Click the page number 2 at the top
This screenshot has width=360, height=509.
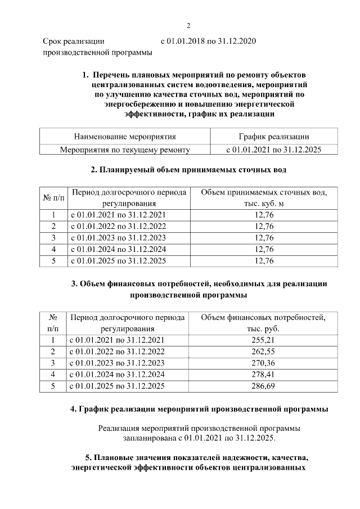pos(189,25)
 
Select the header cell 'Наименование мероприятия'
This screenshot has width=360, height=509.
pos(125,136)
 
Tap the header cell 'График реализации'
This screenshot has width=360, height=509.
pos(273,136)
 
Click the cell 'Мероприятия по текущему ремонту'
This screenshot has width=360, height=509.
pos(125,150)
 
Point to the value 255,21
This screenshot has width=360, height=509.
pos(264,340)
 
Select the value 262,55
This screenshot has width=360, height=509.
pos(264,352)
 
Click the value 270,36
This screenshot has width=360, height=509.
pos(264,363)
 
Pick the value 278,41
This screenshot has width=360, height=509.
pos(264,375)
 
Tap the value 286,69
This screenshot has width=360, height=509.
pos(264,386)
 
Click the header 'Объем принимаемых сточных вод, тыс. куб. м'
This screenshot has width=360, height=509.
pos(264,197)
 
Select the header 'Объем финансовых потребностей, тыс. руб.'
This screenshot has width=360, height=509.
pos(264,322)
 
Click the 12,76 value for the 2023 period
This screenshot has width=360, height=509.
pos(264,238)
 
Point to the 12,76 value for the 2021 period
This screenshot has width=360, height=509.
pos(264,215)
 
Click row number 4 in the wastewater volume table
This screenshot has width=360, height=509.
pos(53,249)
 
